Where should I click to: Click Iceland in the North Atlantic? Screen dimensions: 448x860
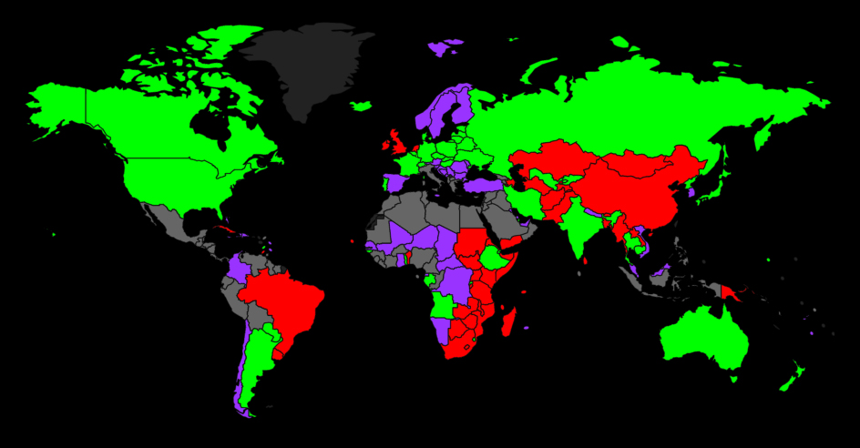click(x=362, y=106)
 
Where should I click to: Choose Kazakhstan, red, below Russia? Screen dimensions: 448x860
click(x=547, y=164)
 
